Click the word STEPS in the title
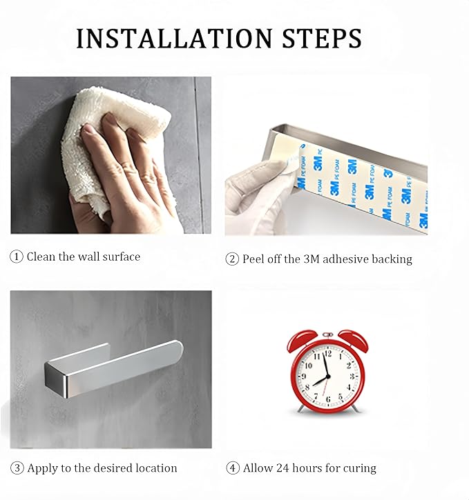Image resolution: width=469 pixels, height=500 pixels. pos(322,38)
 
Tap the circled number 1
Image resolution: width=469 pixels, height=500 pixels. pos(17,257)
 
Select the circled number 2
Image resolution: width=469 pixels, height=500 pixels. pos(232,259)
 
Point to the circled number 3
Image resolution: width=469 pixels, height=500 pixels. pos(17,468)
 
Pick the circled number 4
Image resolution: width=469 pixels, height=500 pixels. pos(233,468)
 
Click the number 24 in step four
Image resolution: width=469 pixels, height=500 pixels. pos(283,468)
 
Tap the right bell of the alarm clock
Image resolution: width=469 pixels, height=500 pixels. pos(354,340)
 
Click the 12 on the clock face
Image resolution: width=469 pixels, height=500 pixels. pos(327,354)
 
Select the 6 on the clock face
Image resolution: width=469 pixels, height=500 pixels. pos(327,399)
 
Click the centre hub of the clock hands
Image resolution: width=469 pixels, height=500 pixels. pos(327,377)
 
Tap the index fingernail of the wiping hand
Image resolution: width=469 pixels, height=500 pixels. pos(86,128)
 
